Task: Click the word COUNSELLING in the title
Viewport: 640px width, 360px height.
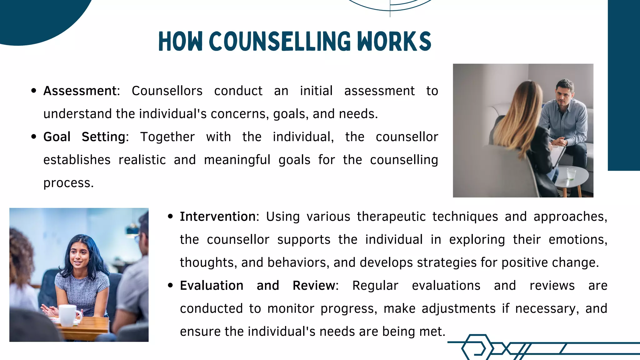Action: coord(280,42)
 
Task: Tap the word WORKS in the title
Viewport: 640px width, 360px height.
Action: coord(394,42)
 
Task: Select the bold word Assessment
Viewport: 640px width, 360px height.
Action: coord(80,91)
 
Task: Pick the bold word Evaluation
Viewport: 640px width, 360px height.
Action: coord(212,286)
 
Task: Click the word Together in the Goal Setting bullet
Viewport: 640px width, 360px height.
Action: coord(167,137)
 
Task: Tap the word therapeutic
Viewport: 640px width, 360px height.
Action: coord(391,217)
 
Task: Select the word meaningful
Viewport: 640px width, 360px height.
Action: coord(237,160)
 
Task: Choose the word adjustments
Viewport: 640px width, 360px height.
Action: coord(458,309)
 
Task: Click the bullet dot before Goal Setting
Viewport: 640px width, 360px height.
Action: coord(34,137)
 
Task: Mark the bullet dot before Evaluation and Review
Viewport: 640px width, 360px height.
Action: coord(170,285)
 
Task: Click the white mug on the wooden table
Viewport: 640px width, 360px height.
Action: coord(69,315)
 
